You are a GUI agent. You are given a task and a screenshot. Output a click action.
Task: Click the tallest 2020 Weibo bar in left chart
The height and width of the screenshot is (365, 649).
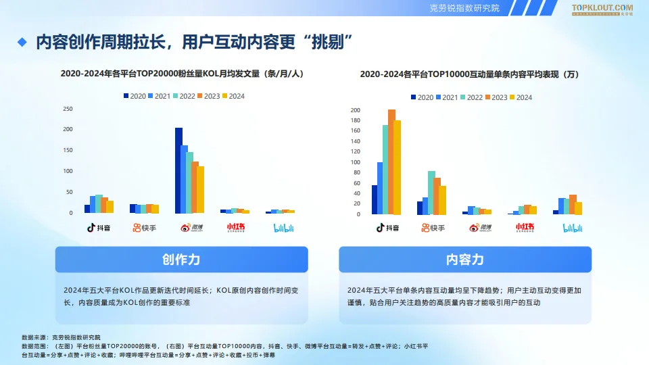tap(178, 170)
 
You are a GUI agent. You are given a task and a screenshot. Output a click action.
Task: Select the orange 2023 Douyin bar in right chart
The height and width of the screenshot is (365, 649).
tap(391, 162)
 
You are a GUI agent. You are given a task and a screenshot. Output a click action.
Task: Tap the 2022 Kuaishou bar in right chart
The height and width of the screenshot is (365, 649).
tap(431, 193)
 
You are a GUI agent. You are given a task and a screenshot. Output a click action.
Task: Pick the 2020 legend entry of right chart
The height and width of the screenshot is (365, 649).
tap(421, 97)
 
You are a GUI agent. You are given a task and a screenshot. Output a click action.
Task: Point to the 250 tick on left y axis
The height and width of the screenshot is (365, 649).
tap(68, 108)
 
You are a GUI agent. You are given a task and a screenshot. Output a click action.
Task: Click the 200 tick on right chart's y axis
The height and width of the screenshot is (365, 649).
tap(356, 110)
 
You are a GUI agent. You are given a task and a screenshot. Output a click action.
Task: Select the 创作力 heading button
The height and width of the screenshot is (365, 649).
tap(181, 260)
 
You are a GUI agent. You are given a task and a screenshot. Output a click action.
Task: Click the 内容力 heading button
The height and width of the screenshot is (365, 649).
tap(465, 260)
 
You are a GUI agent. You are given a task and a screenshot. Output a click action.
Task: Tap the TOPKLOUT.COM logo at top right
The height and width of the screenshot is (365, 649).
tap(602, 9)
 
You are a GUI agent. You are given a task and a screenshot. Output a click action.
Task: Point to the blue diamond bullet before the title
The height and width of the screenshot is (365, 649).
tap(22, 42)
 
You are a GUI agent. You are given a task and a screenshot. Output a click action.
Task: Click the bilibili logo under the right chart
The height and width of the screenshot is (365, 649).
tap(573, 228)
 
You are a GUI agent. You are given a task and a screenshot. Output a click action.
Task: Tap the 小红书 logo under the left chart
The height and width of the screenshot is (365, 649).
tap(237, 228)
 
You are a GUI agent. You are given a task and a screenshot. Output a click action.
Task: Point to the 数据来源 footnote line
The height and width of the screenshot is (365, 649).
tap(61, 337)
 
